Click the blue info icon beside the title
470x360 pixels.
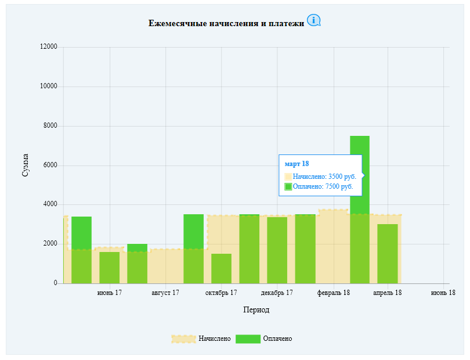[x=314, y=20]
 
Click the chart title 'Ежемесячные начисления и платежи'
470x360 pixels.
[x=226, y=23]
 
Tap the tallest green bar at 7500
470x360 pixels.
[x=360, y=210]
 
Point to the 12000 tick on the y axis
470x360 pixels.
[x=49, y=46]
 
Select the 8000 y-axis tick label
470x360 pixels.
[x=50, y=125]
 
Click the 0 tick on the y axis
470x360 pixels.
[x=56, y=283]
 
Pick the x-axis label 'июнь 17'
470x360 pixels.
[x=110, y=293]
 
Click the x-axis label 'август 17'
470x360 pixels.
[x=165, y=293]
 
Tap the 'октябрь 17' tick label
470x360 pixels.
[x=221, y=293]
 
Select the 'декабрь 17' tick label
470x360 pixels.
[x=277, y=293]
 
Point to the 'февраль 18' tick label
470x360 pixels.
[x=334, y=293]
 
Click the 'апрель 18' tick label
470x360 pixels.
[x=387, y=293]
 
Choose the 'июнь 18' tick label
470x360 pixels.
[x=443, y=293]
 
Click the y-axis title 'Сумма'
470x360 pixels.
[x=25, y=165]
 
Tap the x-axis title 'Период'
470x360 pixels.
[x=256, y=309]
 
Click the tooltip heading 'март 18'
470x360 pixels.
[x=297, y=164]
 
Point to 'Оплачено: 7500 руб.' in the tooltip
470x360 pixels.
[x=323, y=186]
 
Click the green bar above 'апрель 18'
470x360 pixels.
[x=388, y=254]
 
